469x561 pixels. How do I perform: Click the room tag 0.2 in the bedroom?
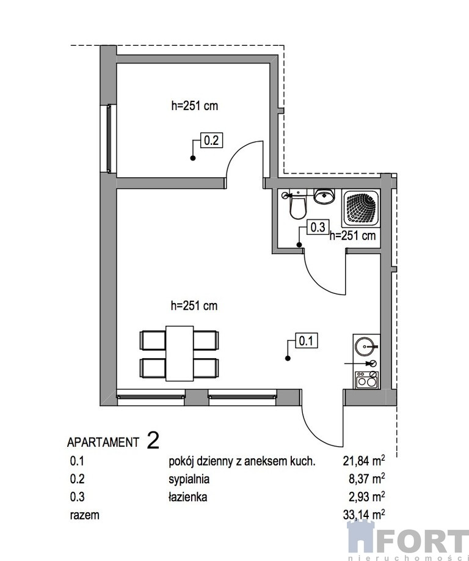tap(211, 140)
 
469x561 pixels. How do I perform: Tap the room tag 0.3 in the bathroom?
tap(318, 227)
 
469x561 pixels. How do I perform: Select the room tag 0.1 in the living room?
tap(306, 340)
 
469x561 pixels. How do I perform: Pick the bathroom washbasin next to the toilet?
tap(324, 196)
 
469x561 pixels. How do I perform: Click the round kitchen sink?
tap(365, 346)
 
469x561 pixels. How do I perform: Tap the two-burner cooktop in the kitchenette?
tap(367, 380)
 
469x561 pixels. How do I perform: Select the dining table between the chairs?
tap(180, 353)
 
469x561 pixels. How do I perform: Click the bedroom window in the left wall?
tap(109, 139)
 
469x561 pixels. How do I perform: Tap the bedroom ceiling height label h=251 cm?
tap(194, 106)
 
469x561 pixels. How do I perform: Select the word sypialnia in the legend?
tap(189, 480)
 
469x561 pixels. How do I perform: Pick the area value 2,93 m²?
tap(367, 497)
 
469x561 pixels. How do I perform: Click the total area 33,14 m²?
tap(364, 515)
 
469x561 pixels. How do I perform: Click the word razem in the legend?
tap(84, 515)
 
